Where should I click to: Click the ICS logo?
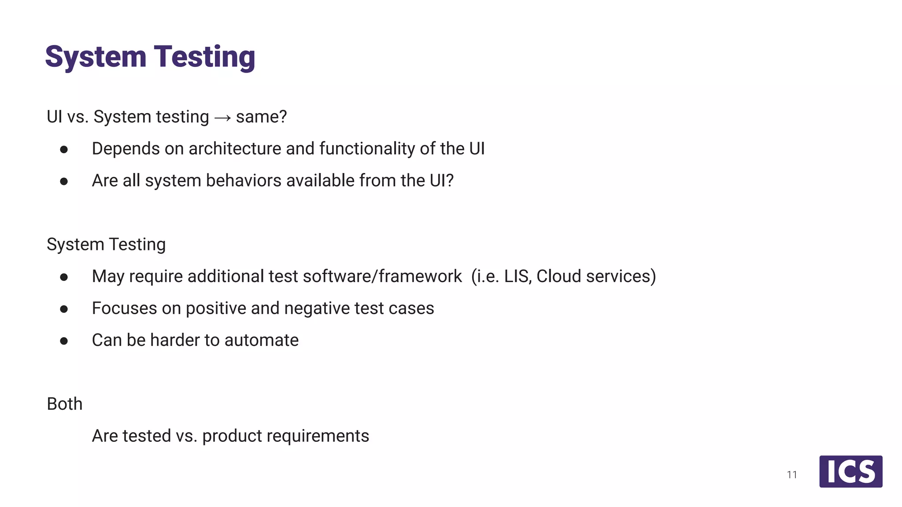coord(850,471)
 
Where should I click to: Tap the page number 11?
coord(792,475)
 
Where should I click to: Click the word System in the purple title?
coord(96,57)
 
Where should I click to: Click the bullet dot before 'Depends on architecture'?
coord(64,150)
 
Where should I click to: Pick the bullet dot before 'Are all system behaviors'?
coord(64,181)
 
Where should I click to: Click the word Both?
coord(65,404)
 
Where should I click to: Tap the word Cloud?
coord(558,276)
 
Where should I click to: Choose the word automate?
coord(261,340)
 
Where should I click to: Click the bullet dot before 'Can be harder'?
coord(64,341)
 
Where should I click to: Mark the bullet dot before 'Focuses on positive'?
coord(64,309)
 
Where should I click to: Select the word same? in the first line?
coord(261,117)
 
